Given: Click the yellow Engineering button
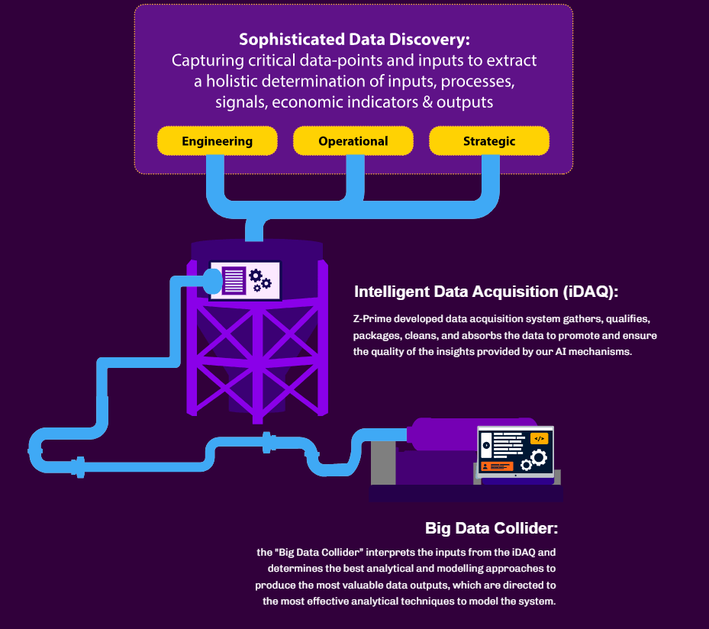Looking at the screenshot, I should (x=217, y=141).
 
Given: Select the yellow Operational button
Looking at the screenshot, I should (x=353, y=141).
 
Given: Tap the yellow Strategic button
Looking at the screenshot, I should (x=489, y=141).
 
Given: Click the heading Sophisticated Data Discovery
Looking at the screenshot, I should (x=354, y=39).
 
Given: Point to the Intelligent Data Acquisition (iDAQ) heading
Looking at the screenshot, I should (x=486, y=292).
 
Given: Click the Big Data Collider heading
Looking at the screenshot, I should (x=491, y=528).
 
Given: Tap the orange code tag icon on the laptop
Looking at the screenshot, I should (x=539, y=439).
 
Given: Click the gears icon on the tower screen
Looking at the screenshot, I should (x=260, y=280).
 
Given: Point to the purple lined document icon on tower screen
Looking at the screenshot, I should (x=234, y=280).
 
